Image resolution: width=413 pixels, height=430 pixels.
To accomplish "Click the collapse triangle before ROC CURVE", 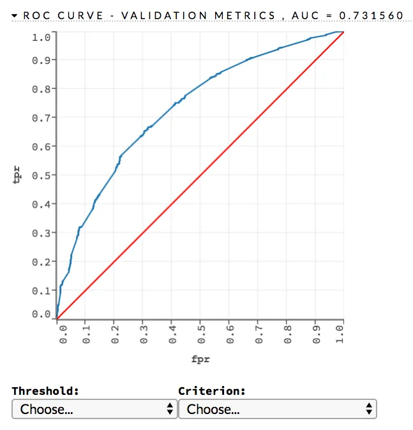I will point(15,15).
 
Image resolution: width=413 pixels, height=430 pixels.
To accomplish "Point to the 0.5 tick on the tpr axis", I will point(41,175).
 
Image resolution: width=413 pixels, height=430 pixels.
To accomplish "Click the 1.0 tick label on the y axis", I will point(41,37).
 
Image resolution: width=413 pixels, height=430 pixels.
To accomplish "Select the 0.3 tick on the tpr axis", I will point(41,233).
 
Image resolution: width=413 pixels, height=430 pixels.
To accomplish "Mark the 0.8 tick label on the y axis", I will point(41,89).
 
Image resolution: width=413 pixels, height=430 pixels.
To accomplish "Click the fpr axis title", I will point(200,358).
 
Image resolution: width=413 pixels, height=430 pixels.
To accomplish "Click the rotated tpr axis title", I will point(17,175).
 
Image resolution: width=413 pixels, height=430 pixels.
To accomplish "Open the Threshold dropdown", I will point(94,409).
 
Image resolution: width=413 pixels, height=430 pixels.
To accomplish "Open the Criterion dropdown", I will point(278,409).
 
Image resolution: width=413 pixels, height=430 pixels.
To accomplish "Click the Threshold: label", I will point(45,391).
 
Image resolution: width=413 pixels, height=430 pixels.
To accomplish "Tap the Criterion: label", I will point(212,391).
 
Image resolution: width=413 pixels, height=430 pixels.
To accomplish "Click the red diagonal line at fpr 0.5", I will point(200,175).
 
